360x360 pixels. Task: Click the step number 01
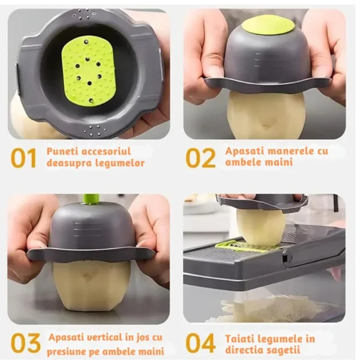tap(23, 158)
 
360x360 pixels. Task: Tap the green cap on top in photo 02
tap(268, 25)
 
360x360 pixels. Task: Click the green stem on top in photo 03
tap(91, 199)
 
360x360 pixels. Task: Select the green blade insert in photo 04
tap(240, 246)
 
